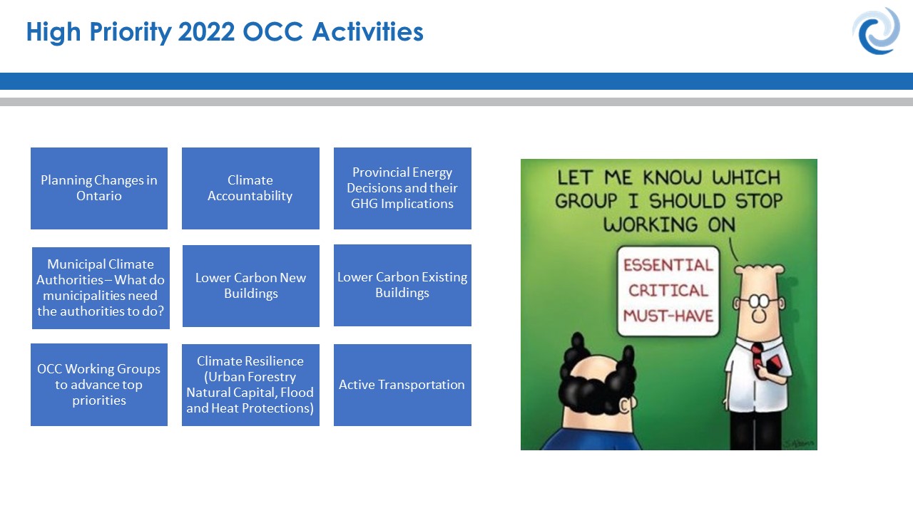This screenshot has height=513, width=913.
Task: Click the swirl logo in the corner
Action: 876,31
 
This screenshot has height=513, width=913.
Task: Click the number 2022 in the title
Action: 206,32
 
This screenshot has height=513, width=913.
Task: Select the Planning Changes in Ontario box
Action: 99,188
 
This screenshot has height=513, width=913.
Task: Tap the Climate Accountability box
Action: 250,188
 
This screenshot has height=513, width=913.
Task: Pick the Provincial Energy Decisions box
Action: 402,188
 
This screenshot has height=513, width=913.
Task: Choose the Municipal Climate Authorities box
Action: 101,288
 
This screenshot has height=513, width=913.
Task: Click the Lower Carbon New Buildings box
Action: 250,286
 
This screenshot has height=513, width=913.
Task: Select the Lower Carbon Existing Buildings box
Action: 402,285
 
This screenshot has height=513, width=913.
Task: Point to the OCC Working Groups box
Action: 99,385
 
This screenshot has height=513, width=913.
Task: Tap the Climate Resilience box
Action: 250,385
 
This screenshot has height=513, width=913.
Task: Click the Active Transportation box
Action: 402,385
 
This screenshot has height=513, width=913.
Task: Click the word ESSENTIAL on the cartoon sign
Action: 668,265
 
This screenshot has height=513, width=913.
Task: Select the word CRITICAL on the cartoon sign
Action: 668,290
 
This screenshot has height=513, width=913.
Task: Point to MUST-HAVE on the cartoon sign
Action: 668,316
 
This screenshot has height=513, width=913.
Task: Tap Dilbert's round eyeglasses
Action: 758,301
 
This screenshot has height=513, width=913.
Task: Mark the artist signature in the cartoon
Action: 798,442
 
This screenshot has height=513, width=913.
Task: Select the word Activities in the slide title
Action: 367,32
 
